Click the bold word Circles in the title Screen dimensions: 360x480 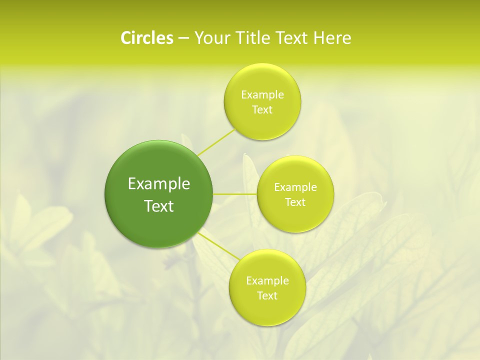tap(146, 38)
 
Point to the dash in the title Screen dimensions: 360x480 tap(183, 38)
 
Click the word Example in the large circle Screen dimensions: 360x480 tap(159, 184)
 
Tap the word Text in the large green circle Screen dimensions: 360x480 tap(159, 206)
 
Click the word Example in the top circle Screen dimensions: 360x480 tap(262, 94)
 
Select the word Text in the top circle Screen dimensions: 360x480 tap(262, 109)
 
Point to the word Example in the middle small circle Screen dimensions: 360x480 tap(295, 187)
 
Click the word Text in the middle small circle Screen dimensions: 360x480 tap(295, 202)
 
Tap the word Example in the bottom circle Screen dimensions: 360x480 tap(267, 280)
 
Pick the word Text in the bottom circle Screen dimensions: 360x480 tap(267, 295)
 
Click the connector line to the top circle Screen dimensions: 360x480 tap(216, 142)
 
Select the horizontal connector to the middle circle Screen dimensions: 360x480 tap(235, 193)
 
